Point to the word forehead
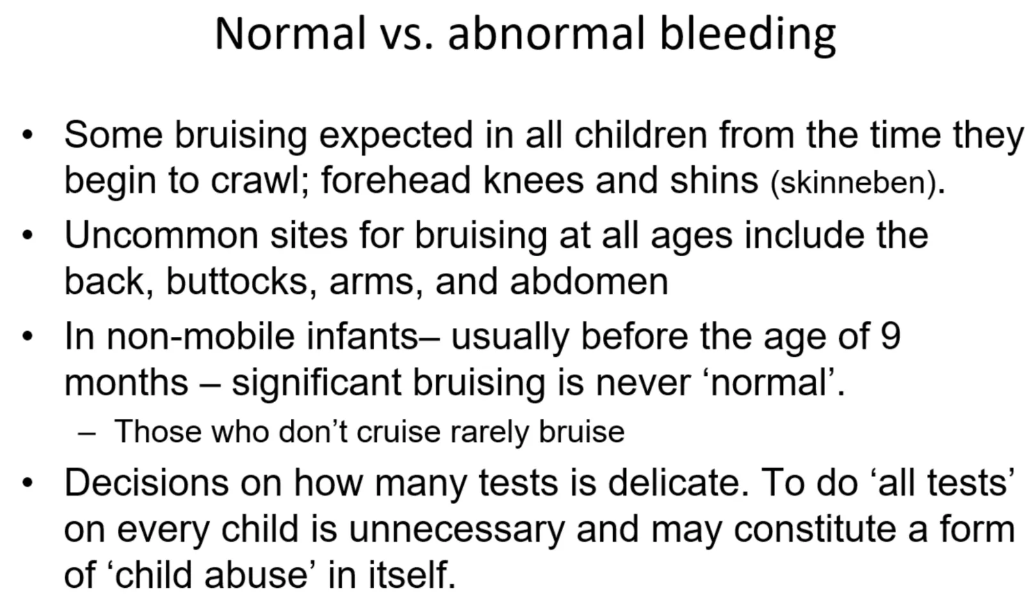pos(397,180)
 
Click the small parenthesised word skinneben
pos(853,183)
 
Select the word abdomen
pos(589,281)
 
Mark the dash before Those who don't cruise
pos(87,432)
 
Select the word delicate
pos(679,483)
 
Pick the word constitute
pos(815,529)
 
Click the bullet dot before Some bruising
pos(28,135)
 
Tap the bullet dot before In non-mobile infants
pos(28,337)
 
